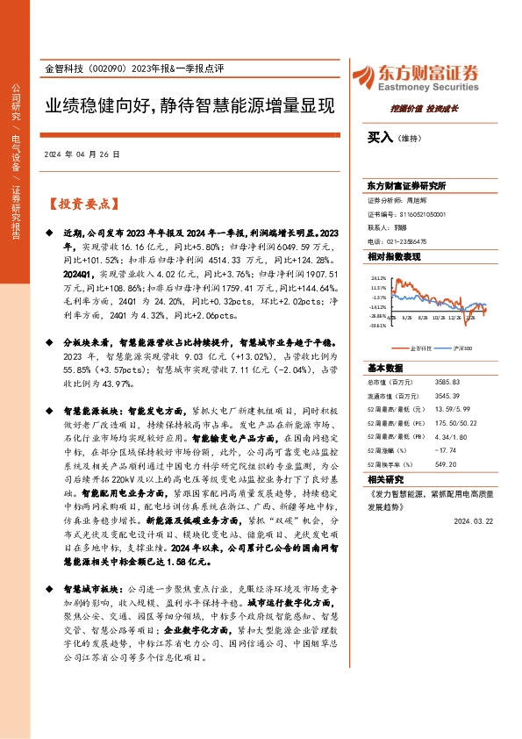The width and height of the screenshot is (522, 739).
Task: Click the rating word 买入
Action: pyautogui.click(x=380, y=138)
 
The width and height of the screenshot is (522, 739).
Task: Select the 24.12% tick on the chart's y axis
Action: pyautogui.click(x=378, y=276)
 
